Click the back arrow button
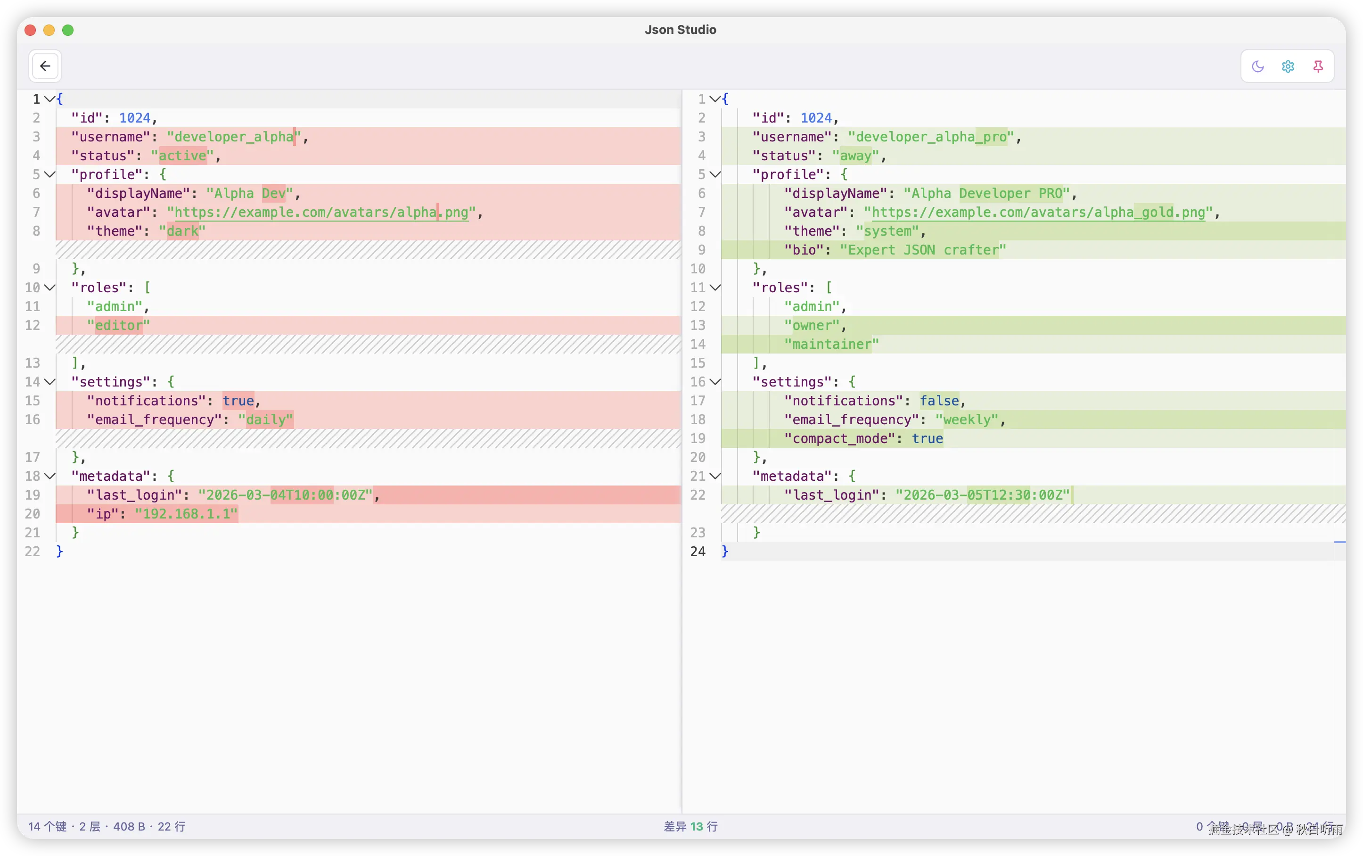45,66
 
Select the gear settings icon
1288,66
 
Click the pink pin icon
1318,66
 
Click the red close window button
31,30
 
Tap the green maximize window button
68,30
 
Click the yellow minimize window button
49,30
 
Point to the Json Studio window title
681,29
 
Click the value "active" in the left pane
182,156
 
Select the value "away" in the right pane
855,156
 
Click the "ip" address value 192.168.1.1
186,514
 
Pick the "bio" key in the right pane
804,250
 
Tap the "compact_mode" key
839,439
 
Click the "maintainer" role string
831,344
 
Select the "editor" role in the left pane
118,326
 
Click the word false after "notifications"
939,401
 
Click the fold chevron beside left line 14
50,382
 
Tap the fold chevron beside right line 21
715,476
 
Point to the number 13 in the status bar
696,827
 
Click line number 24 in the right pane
698,551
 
